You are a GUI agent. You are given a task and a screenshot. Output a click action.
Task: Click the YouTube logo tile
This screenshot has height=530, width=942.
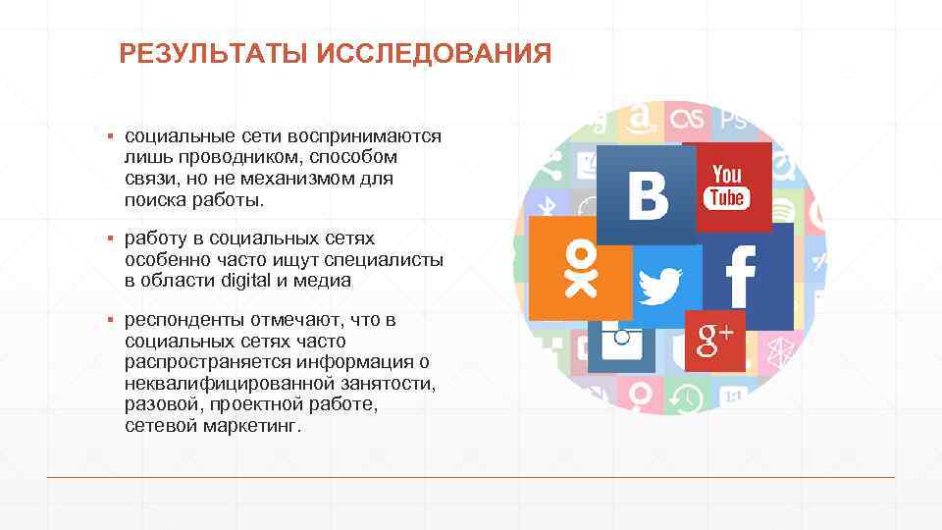pos(727,186)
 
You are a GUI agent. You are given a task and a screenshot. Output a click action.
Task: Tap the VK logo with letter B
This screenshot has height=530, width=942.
pos(647,194)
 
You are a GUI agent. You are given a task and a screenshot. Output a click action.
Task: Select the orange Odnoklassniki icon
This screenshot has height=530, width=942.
pos(580,268)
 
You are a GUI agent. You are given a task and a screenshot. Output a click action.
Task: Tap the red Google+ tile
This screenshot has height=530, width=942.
pos(715,341)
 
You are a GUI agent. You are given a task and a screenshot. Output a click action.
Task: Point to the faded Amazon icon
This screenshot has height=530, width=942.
pos(641,120)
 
